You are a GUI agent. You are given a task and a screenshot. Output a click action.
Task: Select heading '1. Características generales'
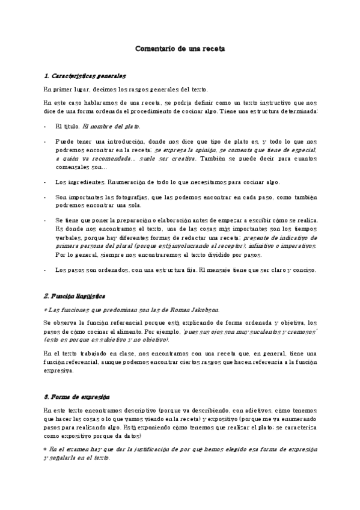click(85, 76)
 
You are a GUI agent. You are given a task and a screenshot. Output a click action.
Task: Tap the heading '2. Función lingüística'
click(75, 296)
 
